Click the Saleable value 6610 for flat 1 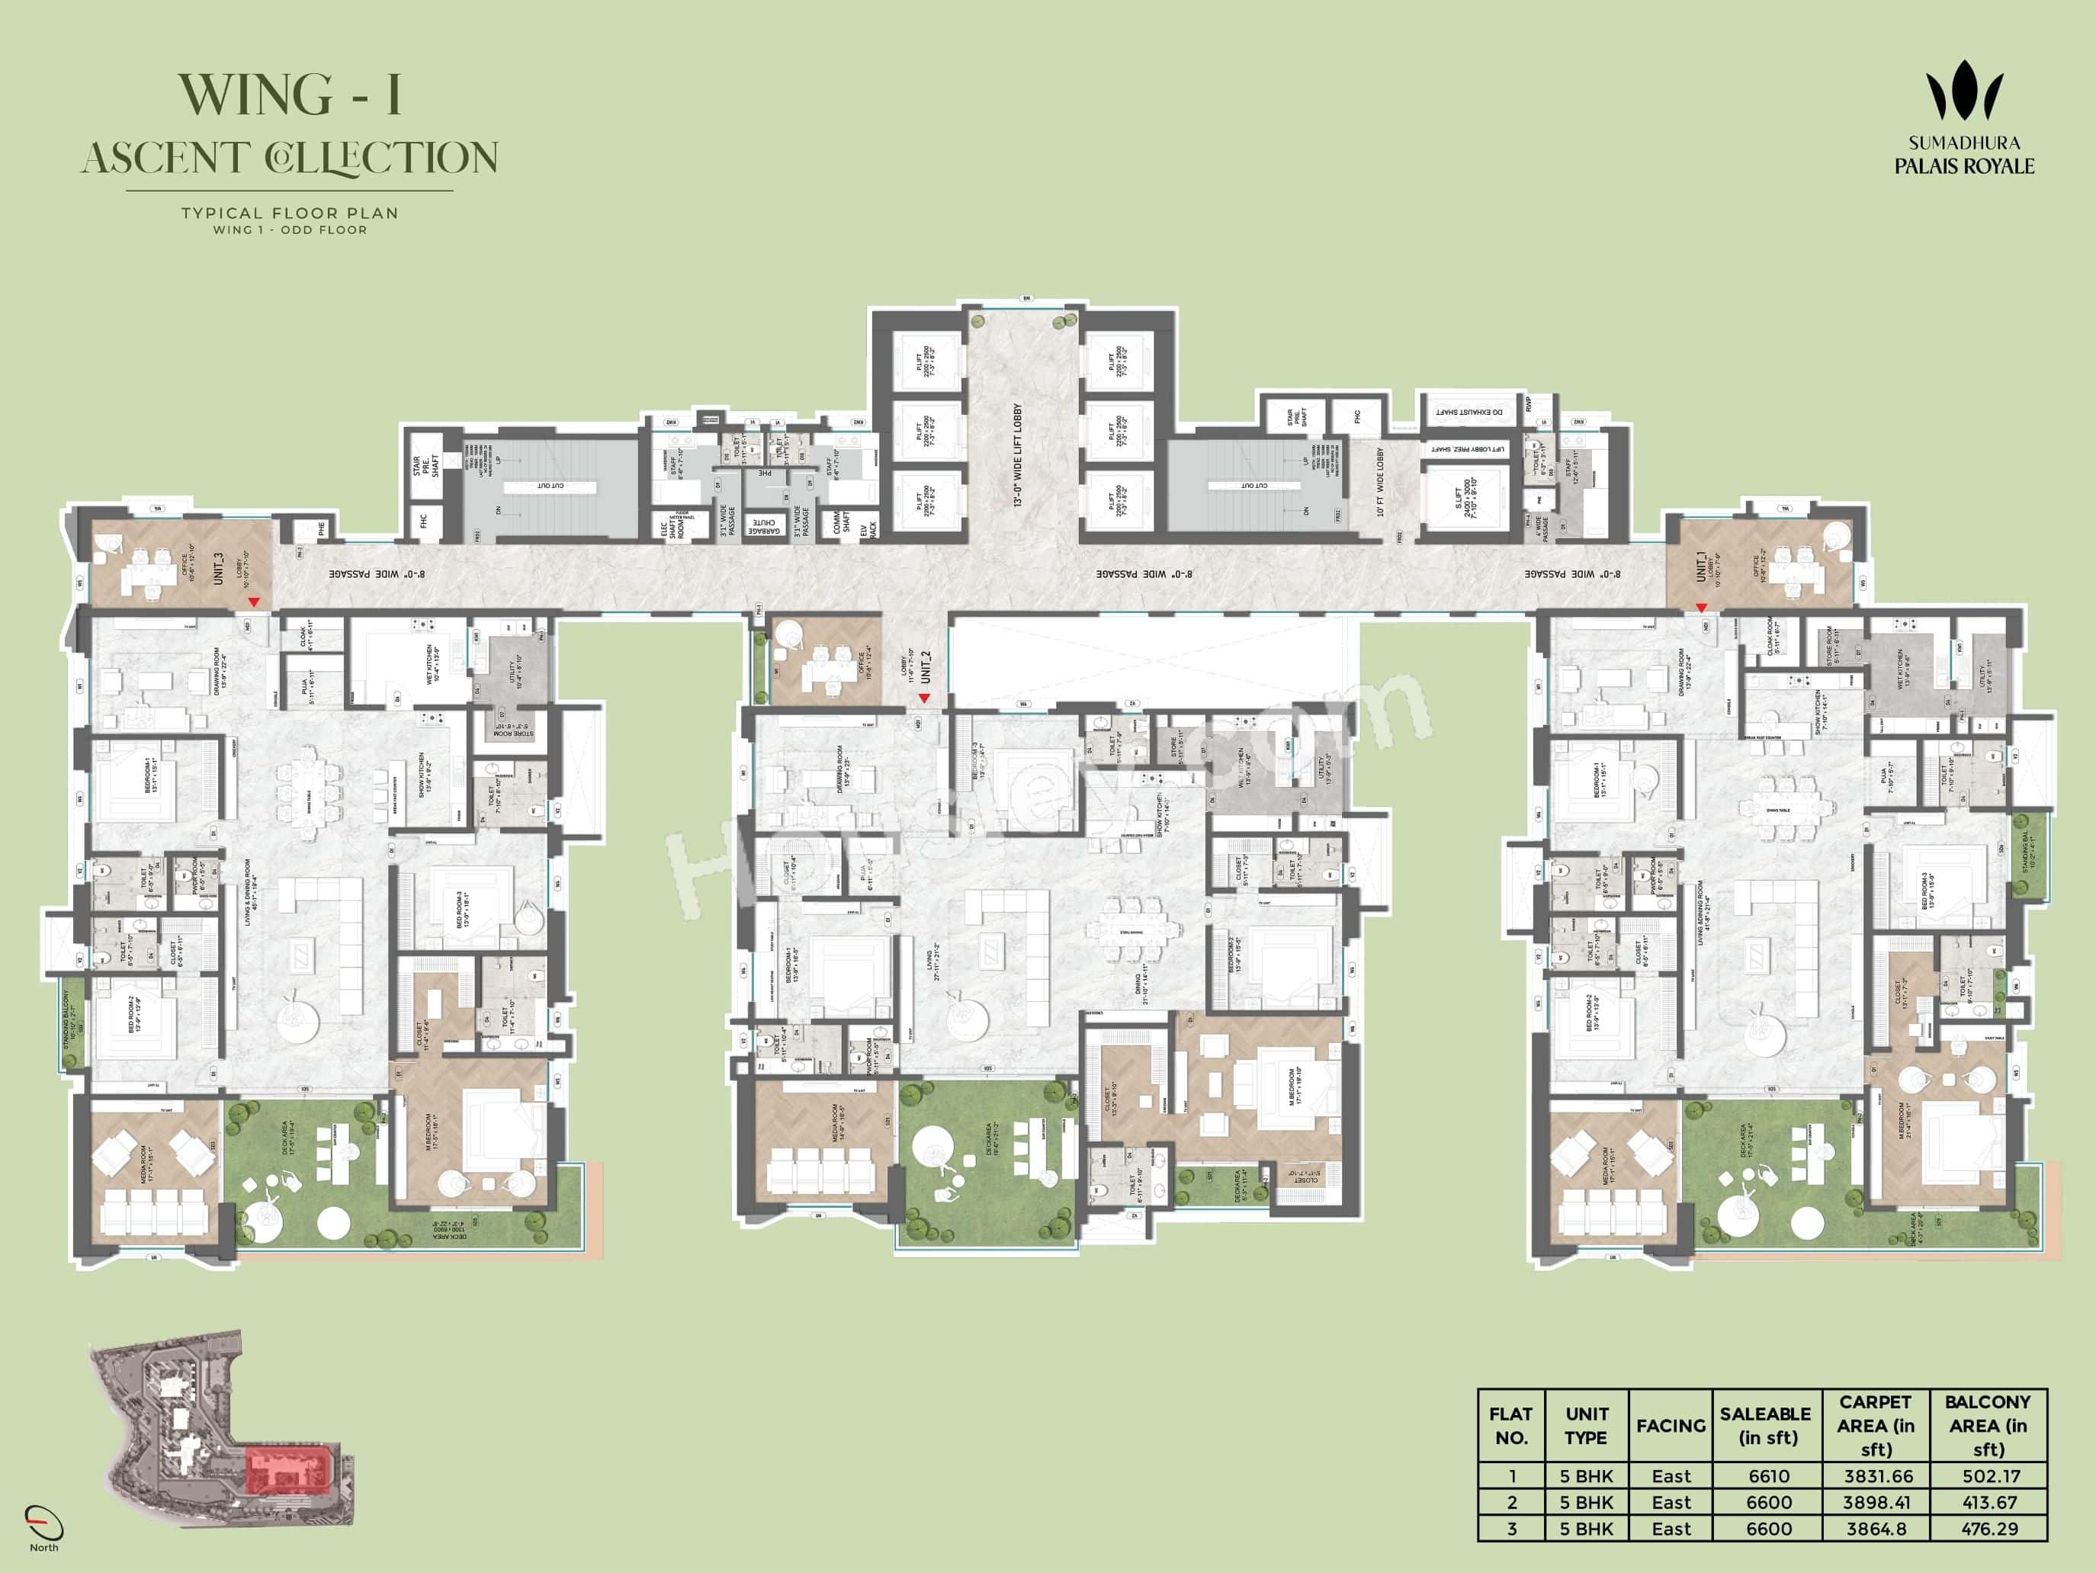[1768, 1476]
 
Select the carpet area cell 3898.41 [1876, 1503]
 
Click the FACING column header [1671, 1426]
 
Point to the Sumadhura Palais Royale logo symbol [1964, 91]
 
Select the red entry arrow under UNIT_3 [253, 602]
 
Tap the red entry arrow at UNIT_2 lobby [924, 698]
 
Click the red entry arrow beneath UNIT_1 [1701, 608]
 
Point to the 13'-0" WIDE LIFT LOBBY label [1019, 456]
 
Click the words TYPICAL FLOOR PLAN [290, 213]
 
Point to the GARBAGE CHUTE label [764, 527]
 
